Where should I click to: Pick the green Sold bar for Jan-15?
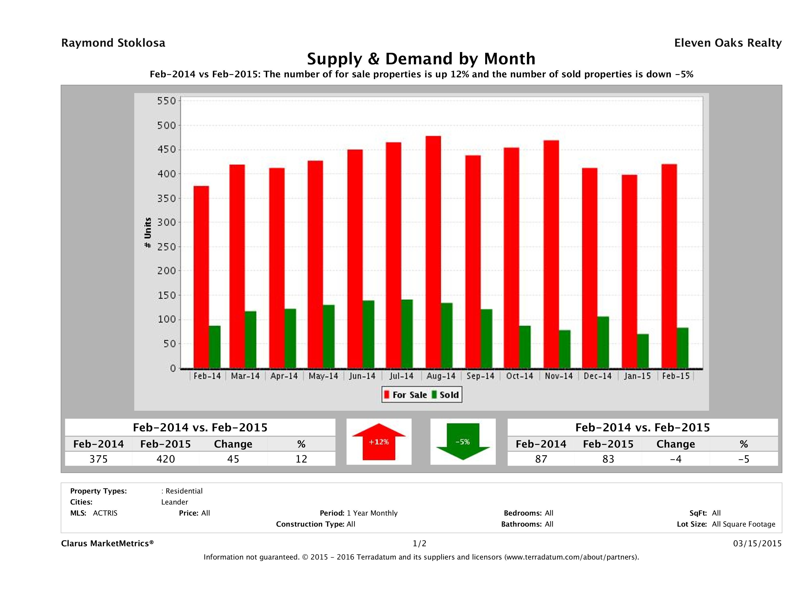click(643, 351)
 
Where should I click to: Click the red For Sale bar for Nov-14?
click(551, 254)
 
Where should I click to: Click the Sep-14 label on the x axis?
click(480, 376)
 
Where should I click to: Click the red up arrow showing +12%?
click(379, 442)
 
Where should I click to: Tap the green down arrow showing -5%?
click(463, 442)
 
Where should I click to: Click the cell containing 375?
click(98, 459)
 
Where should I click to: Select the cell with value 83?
click(608, 459)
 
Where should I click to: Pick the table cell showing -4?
click(675, 459)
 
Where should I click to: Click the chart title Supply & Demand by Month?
click(421, 59)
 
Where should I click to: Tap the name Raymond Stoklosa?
click(113, 43)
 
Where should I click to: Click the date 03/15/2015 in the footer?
click(757, 543)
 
